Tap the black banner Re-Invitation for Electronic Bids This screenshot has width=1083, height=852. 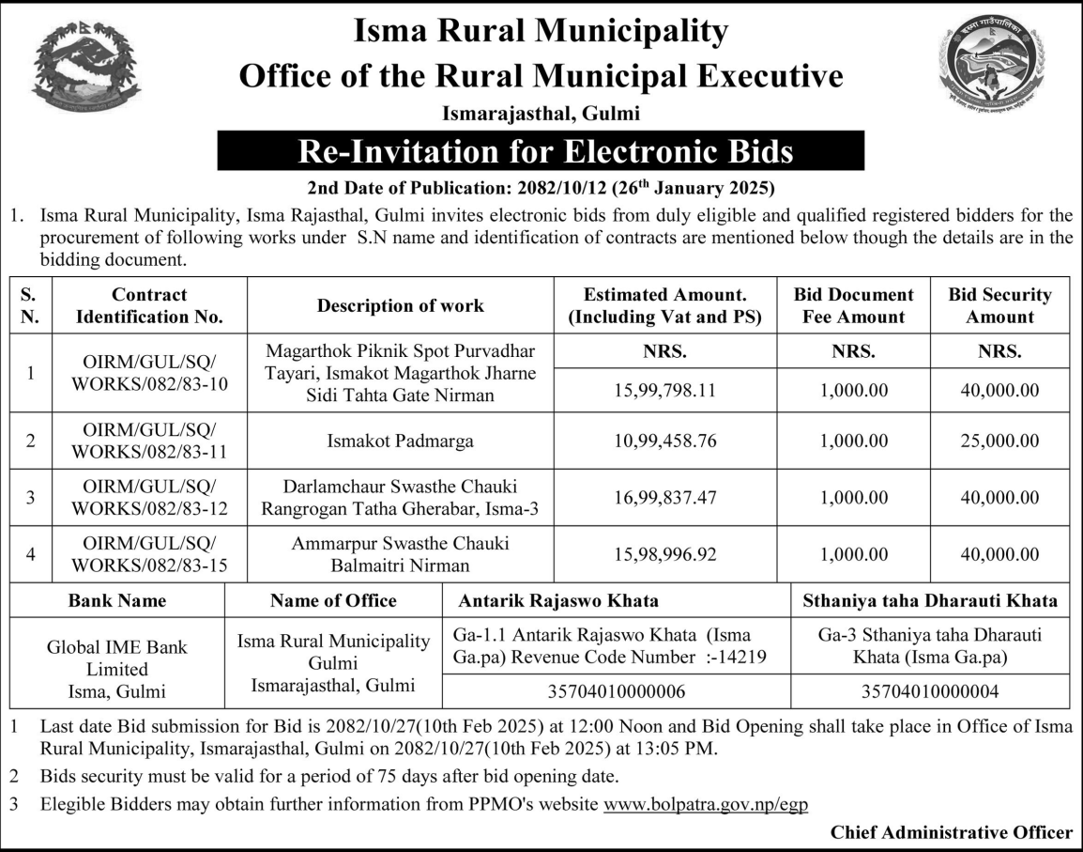(541, 151)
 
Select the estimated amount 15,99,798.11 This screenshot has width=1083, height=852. (665, 389)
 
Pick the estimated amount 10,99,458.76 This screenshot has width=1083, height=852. (665, 440)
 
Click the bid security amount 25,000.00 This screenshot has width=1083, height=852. (999, 440)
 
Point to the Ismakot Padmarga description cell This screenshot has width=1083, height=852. (400, 440)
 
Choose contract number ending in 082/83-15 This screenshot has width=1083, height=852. (149, 554)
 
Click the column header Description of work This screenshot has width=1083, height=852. (400, 305)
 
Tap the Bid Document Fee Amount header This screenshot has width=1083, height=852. (853, 305)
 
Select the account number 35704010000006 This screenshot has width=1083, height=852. (616, 691)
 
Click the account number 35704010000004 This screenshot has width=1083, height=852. (929, 691)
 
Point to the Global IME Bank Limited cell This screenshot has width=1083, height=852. (116, 669)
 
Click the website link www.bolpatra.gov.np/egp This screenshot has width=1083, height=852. (706, 804)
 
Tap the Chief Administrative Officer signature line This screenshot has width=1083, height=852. (951, 832)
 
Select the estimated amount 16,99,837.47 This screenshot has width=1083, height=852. (665, 496)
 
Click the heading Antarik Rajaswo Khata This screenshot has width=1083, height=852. (557, 600)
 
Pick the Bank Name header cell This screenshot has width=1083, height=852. (116, 600)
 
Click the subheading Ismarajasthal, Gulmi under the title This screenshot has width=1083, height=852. (541, 115)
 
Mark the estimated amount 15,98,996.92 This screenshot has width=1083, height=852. (665, 554)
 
